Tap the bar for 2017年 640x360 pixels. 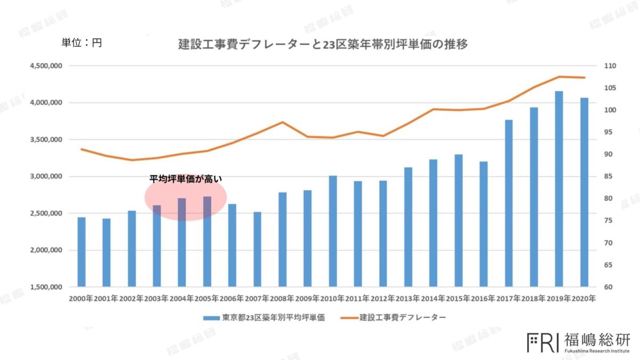coord(509,203)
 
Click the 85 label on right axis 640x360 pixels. coord(609,177)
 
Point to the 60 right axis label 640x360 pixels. coord(609,287)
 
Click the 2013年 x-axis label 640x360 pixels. coord(408,299)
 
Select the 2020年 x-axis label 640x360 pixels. coord(583,299)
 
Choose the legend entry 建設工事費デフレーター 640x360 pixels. coord(403,317)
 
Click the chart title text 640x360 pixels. coord(323,45)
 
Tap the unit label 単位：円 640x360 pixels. coord(82,43)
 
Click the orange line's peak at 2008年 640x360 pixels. coord(283,122)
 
